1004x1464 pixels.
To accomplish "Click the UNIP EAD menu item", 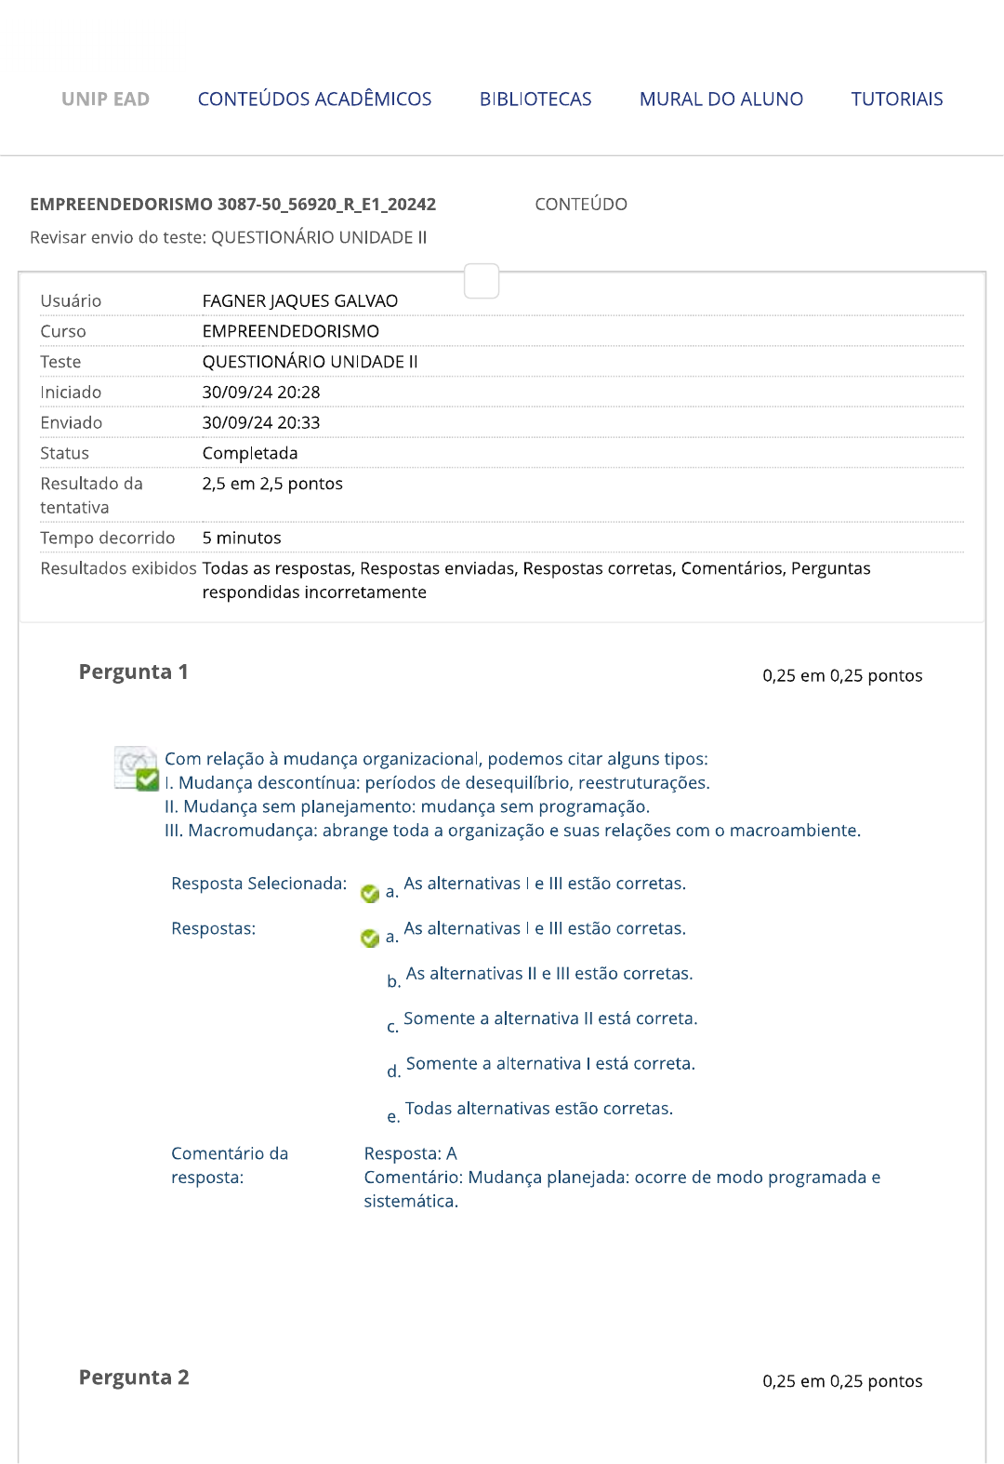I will [105, 100].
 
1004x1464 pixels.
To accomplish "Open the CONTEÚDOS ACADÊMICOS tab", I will [314, 100].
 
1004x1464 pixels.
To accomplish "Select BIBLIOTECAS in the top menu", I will [535, 100].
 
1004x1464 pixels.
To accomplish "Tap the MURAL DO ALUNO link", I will [720, 100].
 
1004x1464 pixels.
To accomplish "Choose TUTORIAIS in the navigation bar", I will [896, 100].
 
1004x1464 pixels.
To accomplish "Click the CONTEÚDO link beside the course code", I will [581, 205].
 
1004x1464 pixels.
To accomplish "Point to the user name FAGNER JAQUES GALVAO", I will [299, 301].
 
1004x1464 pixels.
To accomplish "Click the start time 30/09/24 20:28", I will [261, 393].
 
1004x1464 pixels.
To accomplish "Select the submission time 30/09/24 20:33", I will [261, 423].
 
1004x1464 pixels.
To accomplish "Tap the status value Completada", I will [250, 454].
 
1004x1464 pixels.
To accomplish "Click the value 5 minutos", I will [242, 539].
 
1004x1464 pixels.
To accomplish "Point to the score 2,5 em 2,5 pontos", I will [272, 485].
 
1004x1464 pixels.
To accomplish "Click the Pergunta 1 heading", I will [134, 672].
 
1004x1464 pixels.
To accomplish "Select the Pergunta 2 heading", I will [134, 1377].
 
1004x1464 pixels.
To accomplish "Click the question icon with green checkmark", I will [136, 768].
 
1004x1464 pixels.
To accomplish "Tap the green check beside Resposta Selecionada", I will [370, 894].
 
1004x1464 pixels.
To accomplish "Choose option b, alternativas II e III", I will [548, 974].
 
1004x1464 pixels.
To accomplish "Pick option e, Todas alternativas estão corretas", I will [538, 1109].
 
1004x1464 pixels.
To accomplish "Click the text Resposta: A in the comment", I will [410, 1154].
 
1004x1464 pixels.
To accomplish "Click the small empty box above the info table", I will [482, 281].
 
